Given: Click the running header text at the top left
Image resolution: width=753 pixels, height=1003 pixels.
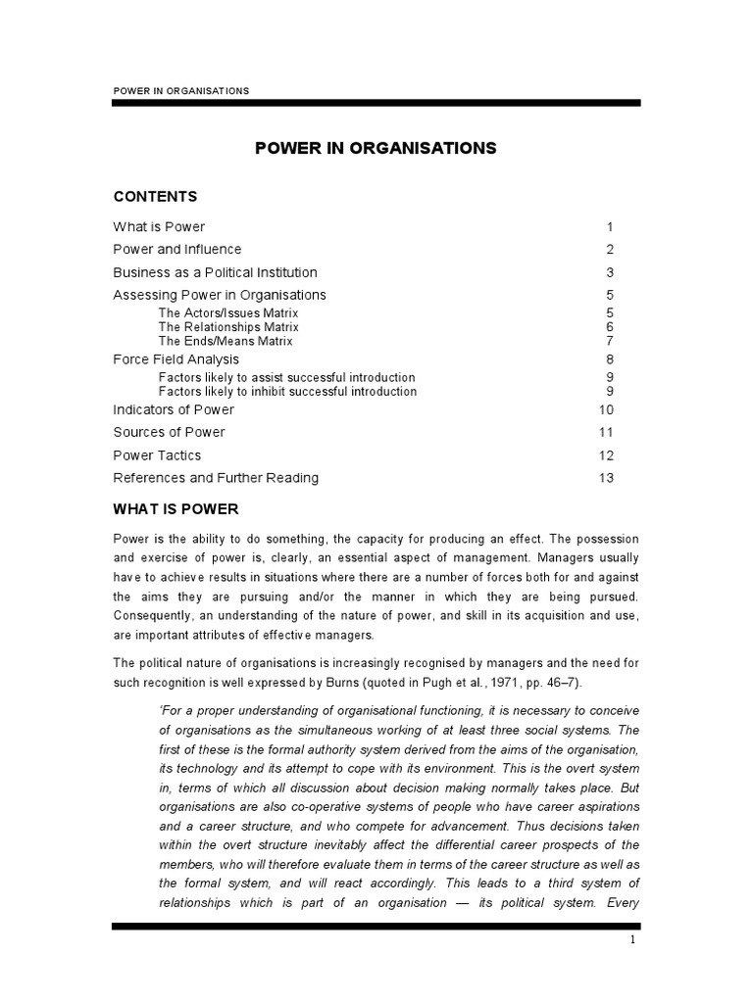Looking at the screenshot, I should pyautogui.click(x=181, y=91).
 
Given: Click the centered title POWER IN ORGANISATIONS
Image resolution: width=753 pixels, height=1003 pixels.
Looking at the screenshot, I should pyautogui.click(x=376, y=148).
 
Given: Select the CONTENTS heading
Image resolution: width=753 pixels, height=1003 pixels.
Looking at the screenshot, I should pyautogui.click(x=155, y=196).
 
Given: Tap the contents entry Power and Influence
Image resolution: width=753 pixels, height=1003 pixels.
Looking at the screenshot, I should pyautogui.click(x=177, y=249).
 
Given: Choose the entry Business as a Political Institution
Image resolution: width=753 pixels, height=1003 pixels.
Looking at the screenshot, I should pyautogui.click(x=216, y=272).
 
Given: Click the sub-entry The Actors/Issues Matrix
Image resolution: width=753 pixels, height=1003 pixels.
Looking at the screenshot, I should pyautogui.click(x=228, y=313).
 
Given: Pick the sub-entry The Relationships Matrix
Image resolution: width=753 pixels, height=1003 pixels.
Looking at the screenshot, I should pyautogui.click(x=228, y=327).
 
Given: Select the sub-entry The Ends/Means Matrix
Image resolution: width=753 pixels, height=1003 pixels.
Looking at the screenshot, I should pyautogui.click(x=226, y=341).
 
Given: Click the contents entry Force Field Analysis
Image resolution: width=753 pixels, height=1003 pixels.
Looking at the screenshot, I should pyautogui.click(x=176, y=359).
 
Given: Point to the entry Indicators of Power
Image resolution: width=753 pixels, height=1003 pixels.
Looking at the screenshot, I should pyautogui.click(x=174, y=409).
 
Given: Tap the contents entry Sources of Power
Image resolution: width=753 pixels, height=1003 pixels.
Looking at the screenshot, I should pyautogui.click(x=169, y=432).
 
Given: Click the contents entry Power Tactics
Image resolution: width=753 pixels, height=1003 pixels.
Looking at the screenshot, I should pyautogui.click(x=157, y=455).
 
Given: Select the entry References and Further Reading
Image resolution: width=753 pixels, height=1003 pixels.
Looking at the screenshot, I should pyautogui.click(x=216, y=478).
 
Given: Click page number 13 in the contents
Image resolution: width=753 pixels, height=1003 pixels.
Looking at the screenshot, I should pyautogui.click(x=605, y=478).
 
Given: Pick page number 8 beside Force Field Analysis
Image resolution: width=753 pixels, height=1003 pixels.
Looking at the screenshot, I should pyautogui.click(x=609, y=359).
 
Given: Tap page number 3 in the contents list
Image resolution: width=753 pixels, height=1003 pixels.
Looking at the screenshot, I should pyautogui.click(x=609, y=272).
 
